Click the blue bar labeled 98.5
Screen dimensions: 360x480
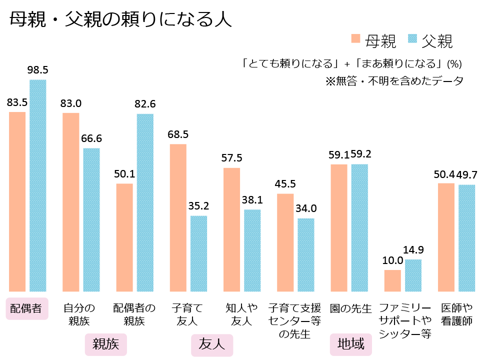[x=38, y=185]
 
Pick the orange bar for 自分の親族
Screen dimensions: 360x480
[x=71, y=202]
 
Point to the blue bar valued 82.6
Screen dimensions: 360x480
[x=145, y=202]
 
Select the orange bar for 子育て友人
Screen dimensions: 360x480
[x=178, y=217]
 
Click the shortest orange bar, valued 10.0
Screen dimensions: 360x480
[x=392, y=280]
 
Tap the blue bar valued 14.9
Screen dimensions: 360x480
[x=413, y=275]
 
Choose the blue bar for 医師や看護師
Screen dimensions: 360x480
[x=466, y=238]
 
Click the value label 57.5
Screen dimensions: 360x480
[x=231, y=158]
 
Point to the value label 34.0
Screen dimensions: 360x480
[x=306, y=208]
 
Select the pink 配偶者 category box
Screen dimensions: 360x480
[x=26, y=308]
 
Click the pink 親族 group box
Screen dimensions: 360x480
[x=106, y=344]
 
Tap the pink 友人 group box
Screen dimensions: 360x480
[x=212, y=344]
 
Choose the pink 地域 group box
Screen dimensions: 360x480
[x=350, y=344]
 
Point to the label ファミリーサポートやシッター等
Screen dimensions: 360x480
[x=405, y=320]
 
